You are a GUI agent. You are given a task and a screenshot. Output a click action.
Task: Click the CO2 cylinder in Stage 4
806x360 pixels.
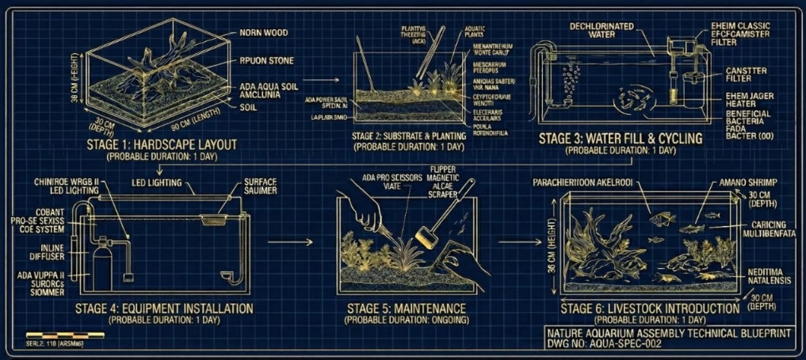coord(100,266)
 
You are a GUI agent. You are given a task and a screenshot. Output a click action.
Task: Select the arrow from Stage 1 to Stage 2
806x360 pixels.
coord(319,79)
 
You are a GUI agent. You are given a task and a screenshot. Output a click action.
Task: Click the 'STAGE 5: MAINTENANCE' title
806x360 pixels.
coord(406,308)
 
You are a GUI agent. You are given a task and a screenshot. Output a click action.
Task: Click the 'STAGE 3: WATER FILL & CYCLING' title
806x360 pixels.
coord(620,139)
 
